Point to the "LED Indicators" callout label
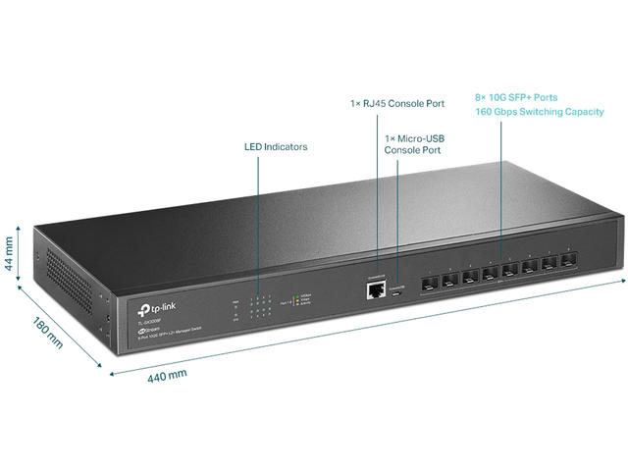pyautogui.click(x=276, y=147)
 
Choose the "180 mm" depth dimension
pyautogui.click(x=46, y=334)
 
